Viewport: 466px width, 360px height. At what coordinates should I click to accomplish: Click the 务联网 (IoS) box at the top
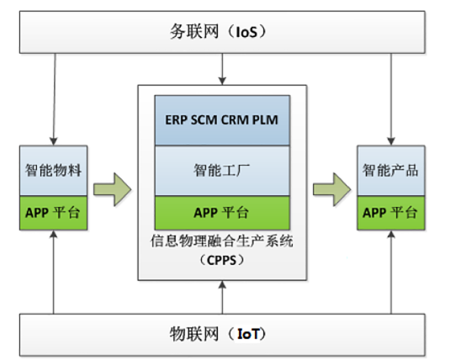[x=222, y=32]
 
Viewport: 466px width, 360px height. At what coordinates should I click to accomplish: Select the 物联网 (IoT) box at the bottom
[x=222, y=335]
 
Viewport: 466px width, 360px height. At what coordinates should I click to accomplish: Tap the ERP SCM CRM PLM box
[x=222, y=120]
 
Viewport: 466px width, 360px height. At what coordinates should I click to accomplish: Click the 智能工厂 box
[x=222, y=171]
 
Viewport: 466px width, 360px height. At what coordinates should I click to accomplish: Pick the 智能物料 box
[x=54, y=171]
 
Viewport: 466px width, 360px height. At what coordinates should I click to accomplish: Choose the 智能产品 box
[x=391, y=171]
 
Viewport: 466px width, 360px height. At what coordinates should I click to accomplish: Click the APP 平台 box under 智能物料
[x=54, y=213]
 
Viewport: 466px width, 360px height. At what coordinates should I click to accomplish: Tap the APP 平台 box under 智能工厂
[x=222, y=213]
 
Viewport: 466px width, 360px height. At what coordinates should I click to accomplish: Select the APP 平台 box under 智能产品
[x=391, y=213]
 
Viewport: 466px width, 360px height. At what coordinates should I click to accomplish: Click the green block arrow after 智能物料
[x=113, y=189]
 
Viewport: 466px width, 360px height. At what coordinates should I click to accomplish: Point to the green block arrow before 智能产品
[x=332, y=189]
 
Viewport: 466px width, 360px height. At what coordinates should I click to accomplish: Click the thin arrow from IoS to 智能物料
[x=55, y=99]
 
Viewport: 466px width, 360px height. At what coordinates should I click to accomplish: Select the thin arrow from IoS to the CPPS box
[x=222, y=69]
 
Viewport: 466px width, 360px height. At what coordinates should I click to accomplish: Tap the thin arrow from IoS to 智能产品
[x=391, y=99]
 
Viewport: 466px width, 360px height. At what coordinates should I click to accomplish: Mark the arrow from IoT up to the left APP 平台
[x=54, y=272]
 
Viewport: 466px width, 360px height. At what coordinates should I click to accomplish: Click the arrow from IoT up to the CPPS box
[x=222, y=297]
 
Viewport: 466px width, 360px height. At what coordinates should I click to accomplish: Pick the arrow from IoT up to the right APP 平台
[x=391, y=272]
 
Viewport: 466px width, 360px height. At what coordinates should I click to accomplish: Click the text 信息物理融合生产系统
[x=222, y=241]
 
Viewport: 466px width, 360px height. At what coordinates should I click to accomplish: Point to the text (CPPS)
[x=222, y=261]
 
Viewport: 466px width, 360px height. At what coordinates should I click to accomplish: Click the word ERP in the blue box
[x=177, y=120]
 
